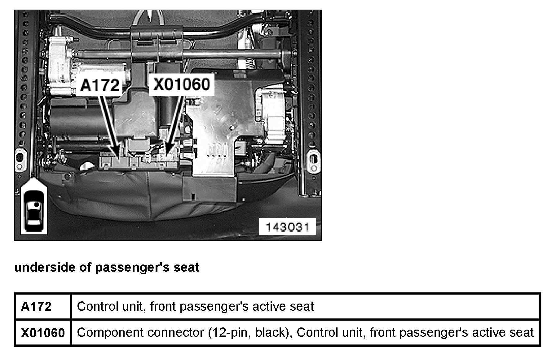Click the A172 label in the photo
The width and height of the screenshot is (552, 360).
click(99, 85)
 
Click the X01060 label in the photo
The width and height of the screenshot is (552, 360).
click(182, 84)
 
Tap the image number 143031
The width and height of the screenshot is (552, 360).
click(287, 227)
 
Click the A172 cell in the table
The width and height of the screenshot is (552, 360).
click(36, 307)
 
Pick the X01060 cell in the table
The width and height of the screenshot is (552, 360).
click(43, 333)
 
